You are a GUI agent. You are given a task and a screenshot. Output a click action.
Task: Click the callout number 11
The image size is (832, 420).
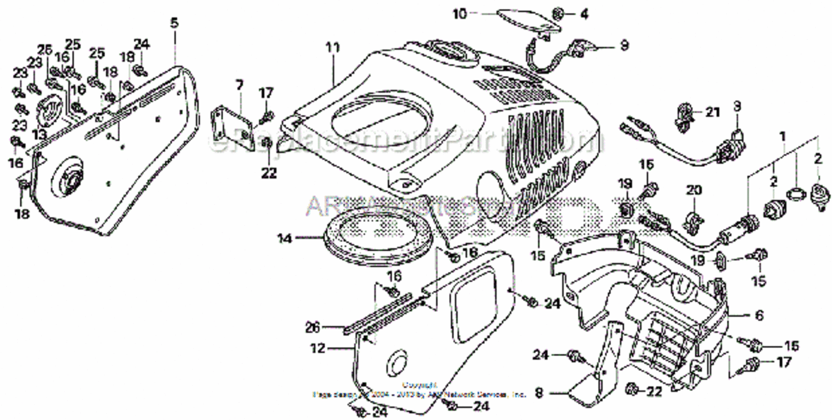pos(332,48)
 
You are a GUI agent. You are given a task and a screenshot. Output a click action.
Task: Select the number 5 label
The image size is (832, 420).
pos(174,23)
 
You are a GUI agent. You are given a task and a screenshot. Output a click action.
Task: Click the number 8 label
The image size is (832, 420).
pos(539,394)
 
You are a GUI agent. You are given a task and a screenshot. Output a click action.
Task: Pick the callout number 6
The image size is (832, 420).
pos(759,316)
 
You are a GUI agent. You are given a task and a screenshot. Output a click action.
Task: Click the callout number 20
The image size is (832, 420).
pos(694,190)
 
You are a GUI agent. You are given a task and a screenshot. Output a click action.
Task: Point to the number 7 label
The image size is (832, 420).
pos(239,86)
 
